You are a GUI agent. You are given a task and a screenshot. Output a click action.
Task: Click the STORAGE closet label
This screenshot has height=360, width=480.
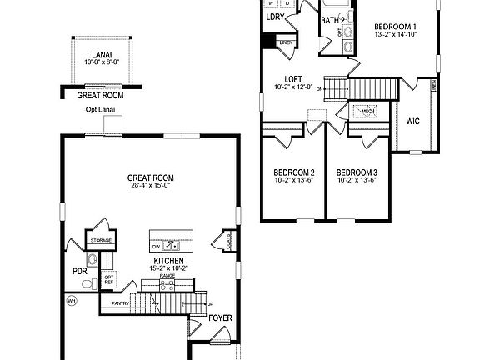[102, 240]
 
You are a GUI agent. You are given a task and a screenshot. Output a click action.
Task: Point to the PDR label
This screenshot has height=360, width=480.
[81, 272]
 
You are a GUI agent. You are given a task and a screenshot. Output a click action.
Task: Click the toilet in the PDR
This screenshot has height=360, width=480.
[92, 260]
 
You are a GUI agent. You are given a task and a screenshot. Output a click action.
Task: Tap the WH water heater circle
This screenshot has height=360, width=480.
[71, 300]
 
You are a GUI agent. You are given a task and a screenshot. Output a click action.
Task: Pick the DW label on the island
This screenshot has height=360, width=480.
[156, 247]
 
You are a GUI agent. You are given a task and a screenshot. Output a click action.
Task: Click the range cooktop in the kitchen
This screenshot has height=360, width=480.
[167, 283]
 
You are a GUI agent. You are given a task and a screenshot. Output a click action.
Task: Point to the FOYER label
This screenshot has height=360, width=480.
[219, 317]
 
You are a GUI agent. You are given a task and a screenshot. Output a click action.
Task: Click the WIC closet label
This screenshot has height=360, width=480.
[412, 121]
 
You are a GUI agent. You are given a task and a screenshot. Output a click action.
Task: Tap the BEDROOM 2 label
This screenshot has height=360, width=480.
[294, 172]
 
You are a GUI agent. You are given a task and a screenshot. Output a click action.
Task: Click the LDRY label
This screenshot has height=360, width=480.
[275, 17]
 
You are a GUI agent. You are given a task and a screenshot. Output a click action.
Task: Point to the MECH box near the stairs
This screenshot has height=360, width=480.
[367, 110]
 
